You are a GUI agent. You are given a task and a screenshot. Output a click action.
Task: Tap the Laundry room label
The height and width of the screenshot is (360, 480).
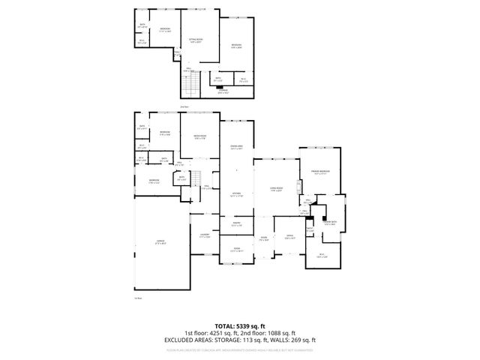tap(203, 235)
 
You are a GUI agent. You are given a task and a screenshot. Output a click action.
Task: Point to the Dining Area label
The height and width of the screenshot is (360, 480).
tap(235, 147)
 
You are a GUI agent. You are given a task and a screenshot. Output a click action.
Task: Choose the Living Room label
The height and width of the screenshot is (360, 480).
tap(275, 188)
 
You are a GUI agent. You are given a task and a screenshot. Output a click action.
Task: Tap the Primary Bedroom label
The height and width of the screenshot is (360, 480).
tap(320, 172)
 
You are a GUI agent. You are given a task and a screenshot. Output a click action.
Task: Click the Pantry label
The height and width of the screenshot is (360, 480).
tap(235, 223)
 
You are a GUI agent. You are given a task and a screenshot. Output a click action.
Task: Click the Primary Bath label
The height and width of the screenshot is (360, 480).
tap(329, 223)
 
